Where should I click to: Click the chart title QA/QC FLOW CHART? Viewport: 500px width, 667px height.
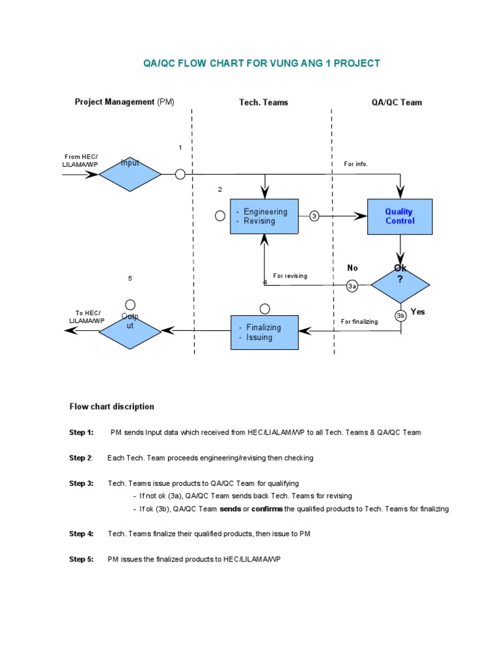coord(261,63)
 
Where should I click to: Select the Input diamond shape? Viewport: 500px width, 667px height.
coord(130,174)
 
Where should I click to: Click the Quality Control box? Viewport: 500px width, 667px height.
coord(399,216)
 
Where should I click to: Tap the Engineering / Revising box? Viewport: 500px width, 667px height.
coord(264,216)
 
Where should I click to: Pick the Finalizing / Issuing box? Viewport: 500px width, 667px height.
coord(264,332)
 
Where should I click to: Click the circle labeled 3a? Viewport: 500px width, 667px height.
coord(352,286)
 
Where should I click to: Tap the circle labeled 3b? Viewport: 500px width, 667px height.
coord(400,316)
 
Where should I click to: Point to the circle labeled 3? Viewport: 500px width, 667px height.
coord(314,216)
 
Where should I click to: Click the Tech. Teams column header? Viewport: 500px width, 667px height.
coord(263,102)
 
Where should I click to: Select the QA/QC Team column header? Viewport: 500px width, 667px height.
coord(401,102)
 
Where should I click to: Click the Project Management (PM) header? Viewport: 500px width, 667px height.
coord(124,102)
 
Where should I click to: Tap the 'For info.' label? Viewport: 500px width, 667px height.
coord(356,164)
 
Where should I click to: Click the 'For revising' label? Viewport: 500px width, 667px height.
coord(290,276)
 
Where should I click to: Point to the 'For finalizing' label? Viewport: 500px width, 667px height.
coord(359,322)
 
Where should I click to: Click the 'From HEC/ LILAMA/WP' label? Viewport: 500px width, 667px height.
coord(81,161)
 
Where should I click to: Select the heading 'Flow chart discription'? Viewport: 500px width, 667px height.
coord(112,406)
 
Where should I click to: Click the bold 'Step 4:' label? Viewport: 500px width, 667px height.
coord(81,534)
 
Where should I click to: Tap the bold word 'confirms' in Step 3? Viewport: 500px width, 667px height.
coord(267,509)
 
